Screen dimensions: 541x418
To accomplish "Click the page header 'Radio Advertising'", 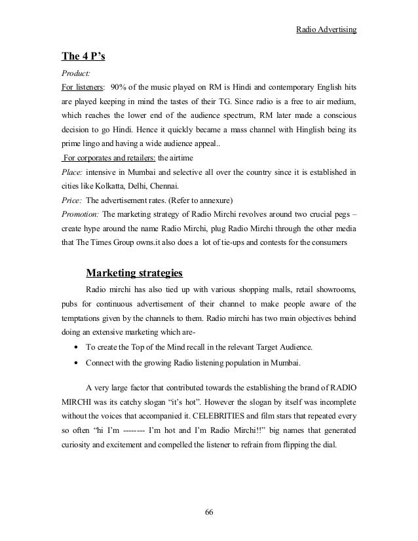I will click(326, 29).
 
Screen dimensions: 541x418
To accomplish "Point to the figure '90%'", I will click(119, 87).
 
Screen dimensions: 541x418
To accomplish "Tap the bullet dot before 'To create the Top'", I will click(78, 348).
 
